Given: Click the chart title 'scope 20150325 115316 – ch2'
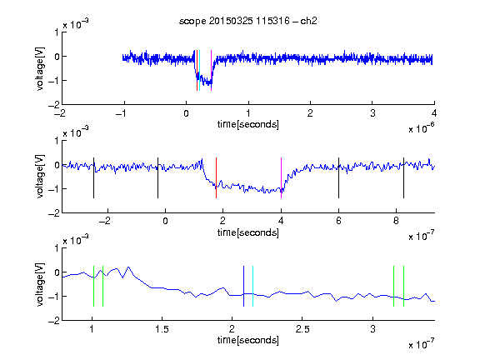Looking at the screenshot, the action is point(248,21).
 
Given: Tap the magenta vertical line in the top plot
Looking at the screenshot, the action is point(211,70).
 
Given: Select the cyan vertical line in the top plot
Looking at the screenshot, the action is point(200,70).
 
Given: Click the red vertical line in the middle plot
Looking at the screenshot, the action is point(216,177).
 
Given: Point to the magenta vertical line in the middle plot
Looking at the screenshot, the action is point(281,177).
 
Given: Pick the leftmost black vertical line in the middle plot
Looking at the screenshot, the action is point(93,177).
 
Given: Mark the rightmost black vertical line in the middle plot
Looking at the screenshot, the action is point(403,177).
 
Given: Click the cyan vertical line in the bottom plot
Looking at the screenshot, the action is point(252,286).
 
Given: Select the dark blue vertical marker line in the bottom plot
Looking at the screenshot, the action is point(243,286).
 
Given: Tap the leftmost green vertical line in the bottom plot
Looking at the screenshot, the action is point(93,286).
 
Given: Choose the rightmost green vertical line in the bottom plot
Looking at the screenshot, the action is point(404,286).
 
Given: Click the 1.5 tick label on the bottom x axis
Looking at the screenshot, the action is point(162,329).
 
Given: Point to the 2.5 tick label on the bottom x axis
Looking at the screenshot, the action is point(302,329).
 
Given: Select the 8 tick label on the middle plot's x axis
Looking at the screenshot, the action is point(396,221).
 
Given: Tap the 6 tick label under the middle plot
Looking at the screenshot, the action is point(338,221).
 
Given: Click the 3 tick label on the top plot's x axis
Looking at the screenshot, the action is point(372,113).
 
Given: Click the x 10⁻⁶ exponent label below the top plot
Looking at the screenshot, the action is point(422,128).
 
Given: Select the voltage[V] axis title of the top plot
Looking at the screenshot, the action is point(40,68).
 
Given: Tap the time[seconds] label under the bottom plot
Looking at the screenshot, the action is point(248,340).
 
